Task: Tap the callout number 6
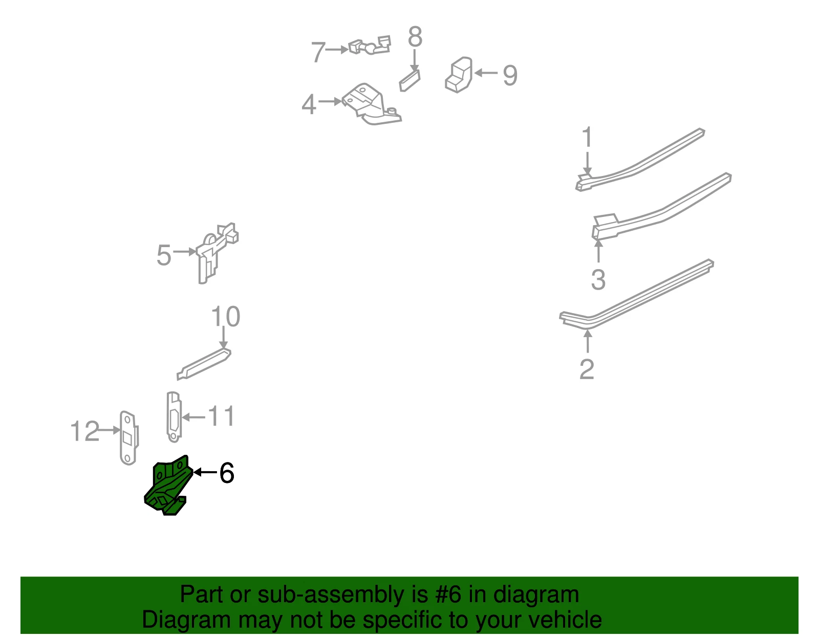pyautogui.click(x=227, y=473)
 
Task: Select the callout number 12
pyautogui.click(x=85, y=431)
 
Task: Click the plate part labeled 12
pyautogui.click(x=129, y=438)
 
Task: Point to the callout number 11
pyautogui.click(x=222, y=416)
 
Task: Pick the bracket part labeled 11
pyautogui.click(x=174, y=417)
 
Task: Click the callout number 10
pyautogui.click(x=225, y=316)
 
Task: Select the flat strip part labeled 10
pyautogui.click(x=204, y=364)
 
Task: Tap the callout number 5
pyautogui.click(x=164, y=255)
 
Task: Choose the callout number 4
pyautogui.click(x=309, y=104)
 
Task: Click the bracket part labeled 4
pyautogui.click(x=371, y=104)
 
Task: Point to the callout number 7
pyautogui.click(x=318, y=52)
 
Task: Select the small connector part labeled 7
pyautogui.click(x=370, y=46)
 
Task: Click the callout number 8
pyautogui.click(x=415, y=37)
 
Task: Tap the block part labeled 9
pyautogui.click(x=459, y=75)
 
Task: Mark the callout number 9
pyautogui.click(x=510, y=75)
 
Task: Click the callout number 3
pyautogui.click(x=598, y=280)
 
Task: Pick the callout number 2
pyautogui.click(x=587, y=369)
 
